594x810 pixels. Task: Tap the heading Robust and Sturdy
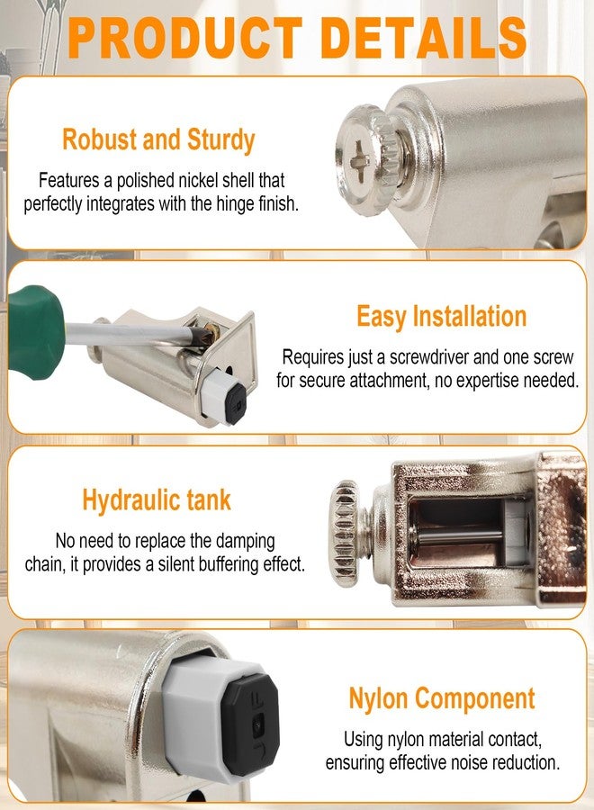pos(158,140)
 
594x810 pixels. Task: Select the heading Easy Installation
pos(442,316)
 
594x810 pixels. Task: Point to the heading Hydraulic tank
pos(157,500)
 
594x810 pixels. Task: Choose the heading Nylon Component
pos(442,698)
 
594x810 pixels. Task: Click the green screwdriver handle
pos(35,332)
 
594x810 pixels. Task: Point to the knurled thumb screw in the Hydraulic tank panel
pos(347,533)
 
